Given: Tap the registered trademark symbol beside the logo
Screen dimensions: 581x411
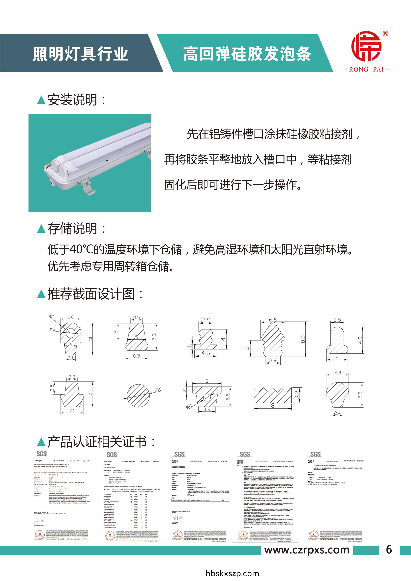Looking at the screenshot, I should coord(385,34).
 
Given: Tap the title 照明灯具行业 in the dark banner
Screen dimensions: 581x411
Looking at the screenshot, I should coord(80,54).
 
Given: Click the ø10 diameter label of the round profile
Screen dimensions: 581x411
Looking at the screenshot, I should coord(158,390).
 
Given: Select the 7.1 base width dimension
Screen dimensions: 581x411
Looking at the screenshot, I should coord(72,411).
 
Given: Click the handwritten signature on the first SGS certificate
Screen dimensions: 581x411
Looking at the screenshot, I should coord(39,521).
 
